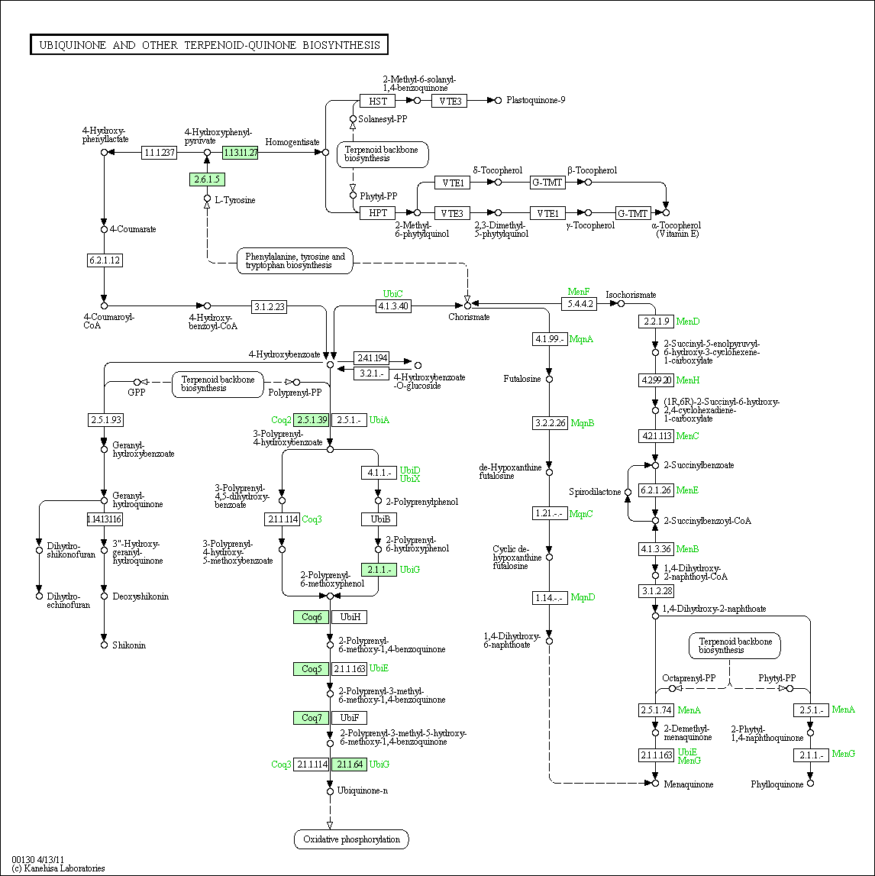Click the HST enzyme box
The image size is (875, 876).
click(377, 101)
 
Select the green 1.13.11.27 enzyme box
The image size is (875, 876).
click(240, 152)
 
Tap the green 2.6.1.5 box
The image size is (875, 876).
click(207, 179)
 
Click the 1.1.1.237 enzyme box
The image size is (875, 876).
click(159, 152)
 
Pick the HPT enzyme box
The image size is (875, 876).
click(377, 213)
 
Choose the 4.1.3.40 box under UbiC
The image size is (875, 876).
click(393, 305)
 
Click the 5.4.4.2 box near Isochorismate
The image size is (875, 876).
click(579, 303)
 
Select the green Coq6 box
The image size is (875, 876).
click(311, 617)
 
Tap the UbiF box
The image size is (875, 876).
click(350, 718)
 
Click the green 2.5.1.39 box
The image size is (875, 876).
click(311, 419)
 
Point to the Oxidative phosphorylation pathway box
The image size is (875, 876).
click(351, 839)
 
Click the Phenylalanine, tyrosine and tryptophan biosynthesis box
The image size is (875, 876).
click(295, 261)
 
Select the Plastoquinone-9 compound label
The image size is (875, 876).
click(535, 100)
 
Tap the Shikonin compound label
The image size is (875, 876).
click(129, 645)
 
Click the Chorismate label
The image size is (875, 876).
click(469, 317)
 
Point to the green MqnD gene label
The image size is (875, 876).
click(583, 597)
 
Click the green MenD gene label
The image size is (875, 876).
click(688, 322)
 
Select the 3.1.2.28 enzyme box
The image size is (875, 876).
click(657, 591)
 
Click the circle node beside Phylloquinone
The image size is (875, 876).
click(810, 784)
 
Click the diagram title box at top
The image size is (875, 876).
click(209, 45)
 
